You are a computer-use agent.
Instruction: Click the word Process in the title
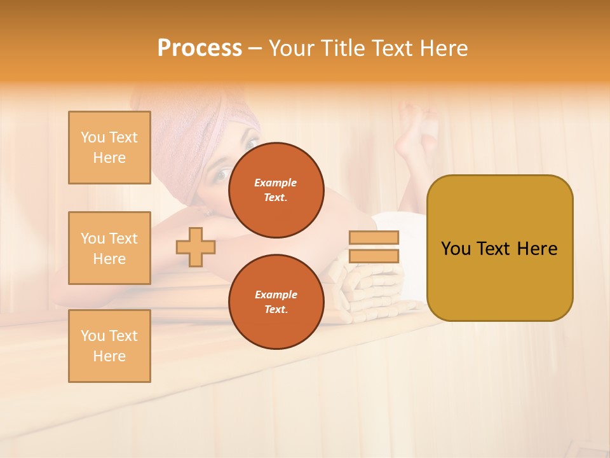(200, 48)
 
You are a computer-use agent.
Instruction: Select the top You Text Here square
(109, 148)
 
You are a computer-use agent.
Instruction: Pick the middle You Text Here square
(109, 248)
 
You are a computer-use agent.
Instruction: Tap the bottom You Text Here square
(109, 346)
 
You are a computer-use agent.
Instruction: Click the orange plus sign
(196, 247)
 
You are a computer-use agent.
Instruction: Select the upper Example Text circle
(276, 190)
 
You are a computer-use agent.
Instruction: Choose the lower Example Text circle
(276, 302)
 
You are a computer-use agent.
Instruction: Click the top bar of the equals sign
(374, 238)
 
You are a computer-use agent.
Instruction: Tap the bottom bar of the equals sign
(374, 256)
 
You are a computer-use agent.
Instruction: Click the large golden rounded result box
(499, 248)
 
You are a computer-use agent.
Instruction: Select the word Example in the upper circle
(276, 183)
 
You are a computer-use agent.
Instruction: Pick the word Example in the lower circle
(276, 295)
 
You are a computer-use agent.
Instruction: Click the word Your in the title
(290, 48)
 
